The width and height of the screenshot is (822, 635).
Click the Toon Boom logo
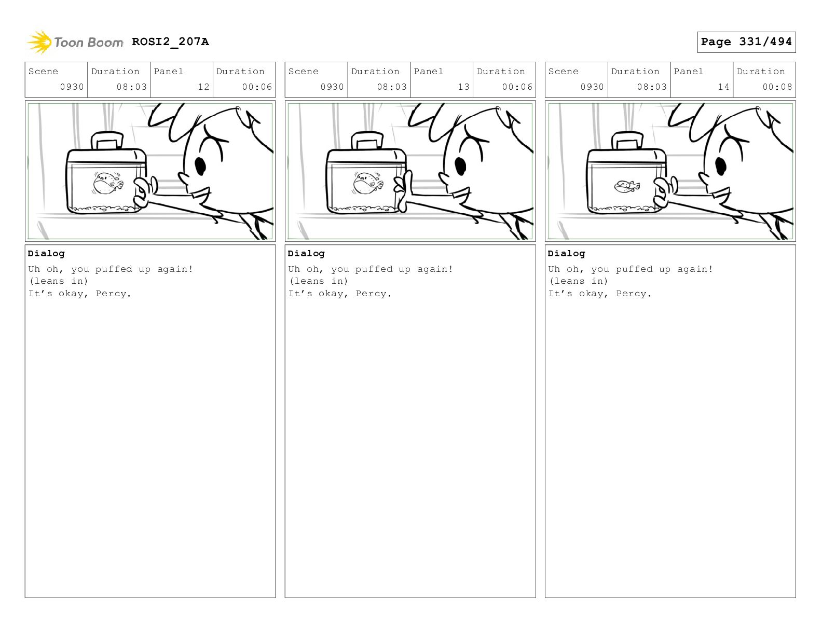pos(75,42)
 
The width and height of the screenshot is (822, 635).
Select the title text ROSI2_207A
pos(170,42)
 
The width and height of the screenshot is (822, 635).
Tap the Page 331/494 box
pos(746,42)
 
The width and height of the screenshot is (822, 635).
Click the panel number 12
pos(203,87)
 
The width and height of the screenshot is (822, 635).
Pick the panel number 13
pos(463,87)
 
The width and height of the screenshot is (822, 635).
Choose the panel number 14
pos(723,87)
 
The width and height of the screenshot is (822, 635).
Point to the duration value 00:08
pos(777,87)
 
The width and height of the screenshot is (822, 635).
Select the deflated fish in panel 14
pos(627,186)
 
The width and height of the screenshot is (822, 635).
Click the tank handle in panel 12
pos(107,141)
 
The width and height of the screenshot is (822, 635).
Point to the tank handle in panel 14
pos(627,141)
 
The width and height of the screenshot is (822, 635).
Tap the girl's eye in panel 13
pos(460,165)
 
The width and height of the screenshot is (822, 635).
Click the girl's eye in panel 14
pos(721,165)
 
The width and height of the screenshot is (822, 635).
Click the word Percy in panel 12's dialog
pos(111,294)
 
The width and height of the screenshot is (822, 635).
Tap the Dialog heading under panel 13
pos(306,253)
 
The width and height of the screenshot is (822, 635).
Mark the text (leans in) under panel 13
pos(319,281)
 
